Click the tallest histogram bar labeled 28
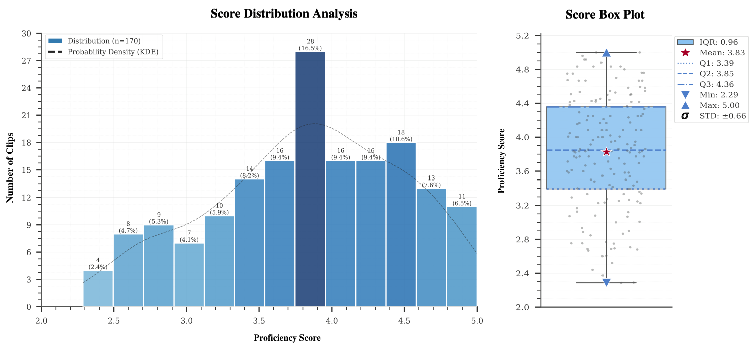click(310, 179)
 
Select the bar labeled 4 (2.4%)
click(98, 288)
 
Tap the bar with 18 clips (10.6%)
click(401, 225)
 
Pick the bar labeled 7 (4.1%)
click(189, 275)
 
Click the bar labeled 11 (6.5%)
click(462, 256)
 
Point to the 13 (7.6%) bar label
click(431, 181)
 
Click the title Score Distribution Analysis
click(283, 14)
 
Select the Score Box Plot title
click(605, 15)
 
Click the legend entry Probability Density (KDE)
click(115, 51)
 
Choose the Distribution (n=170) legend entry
click(104, 41)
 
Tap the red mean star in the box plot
click(606, 152)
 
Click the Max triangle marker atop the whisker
click(606, 53)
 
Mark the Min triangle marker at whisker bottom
click(606, 282)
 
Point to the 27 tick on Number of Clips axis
click(25, 61)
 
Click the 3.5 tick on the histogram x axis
click(259, 320)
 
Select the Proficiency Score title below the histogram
click(286, 338)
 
